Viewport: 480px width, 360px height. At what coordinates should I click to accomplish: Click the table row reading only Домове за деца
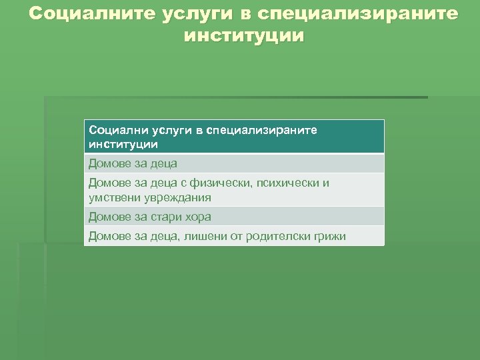pos(133,163)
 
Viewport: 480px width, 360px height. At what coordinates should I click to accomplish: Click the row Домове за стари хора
pos(149,217)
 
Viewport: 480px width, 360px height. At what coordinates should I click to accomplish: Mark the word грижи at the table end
pos(329,236)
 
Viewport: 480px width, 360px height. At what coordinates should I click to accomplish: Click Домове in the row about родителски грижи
pos(109,236)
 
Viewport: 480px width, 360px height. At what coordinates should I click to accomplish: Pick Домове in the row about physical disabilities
pos(109,183)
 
